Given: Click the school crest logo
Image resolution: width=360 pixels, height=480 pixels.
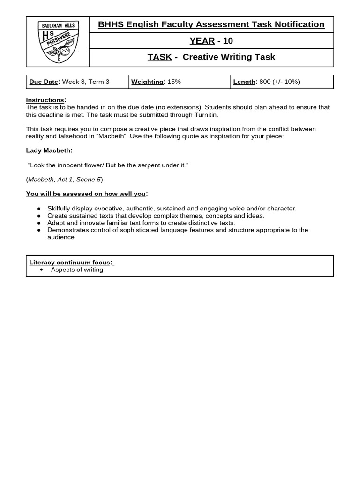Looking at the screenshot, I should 58,41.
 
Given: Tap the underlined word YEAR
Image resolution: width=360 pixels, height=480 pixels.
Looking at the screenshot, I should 202,41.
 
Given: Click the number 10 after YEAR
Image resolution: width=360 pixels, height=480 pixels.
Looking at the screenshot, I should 228,41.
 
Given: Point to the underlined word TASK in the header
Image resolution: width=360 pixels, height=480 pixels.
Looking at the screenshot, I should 159,57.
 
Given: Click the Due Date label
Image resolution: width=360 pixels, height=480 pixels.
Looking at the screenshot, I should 44,82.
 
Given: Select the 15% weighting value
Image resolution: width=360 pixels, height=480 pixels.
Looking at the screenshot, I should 174,82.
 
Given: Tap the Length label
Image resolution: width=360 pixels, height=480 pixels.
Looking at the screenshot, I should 244,82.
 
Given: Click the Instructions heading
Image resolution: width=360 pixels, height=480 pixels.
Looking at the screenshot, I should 45,100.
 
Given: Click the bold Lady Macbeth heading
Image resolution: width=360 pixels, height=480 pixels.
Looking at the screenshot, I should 49,150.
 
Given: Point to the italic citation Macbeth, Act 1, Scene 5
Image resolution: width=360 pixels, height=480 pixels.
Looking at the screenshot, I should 64,180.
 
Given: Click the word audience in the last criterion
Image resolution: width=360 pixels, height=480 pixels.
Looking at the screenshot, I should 60,237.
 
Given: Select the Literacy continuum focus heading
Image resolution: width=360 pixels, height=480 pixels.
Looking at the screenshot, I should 70,262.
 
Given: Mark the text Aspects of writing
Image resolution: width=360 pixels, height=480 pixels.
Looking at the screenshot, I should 77,270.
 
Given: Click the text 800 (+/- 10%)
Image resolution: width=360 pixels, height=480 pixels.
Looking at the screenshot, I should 279,82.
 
